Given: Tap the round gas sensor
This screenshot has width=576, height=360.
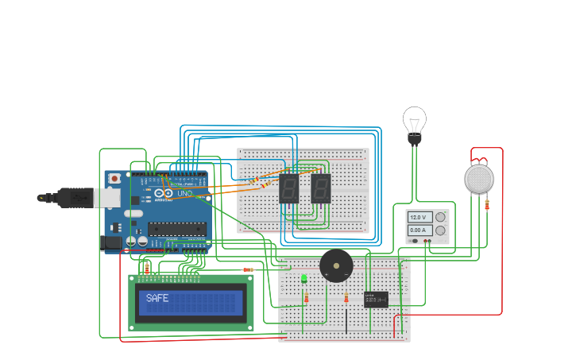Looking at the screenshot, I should point(479,179).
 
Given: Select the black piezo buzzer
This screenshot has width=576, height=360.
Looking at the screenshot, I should point(336,265).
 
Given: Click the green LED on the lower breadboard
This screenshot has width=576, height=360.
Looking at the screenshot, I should point(304,278).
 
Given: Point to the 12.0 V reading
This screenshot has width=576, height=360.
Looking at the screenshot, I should point(418,217).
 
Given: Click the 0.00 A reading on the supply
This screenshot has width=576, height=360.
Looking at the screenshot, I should point(418,230).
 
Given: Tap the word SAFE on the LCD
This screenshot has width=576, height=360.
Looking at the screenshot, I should point(157,298).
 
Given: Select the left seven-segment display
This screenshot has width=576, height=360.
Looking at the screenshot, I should point(288,188).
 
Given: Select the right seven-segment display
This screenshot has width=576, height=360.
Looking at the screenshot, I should point(320,188).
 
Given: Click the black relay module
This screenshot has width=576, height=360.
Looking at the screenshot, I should point(376,299).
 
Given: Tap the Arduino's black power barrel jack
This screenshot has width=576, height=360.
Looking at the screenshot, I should point(112,242).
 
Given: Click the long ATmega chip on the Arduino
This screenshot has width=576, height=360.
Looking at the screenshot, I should point(176,229).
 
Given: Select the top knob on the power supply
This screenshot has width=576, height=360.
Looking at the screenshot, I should point(440,217).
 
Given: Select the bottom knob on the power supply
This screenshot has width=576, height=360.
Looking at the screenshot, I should point(440,230).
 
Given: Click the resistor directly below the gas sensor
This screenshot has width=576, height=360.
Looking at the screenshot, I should point(487,204).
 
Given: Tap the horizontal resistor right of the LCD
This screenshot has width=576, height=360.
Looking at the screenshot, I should point(249,269).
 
